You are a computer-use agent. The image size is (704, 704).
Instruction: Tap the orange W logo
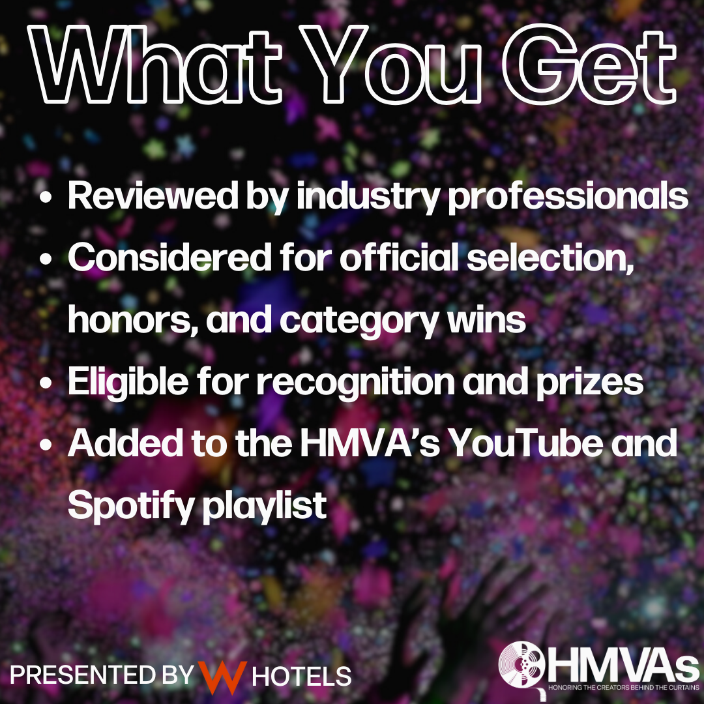[x=222, y=674]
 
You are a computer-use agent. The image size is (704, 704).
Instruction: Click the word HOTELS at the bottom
[x=302, y=675]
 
